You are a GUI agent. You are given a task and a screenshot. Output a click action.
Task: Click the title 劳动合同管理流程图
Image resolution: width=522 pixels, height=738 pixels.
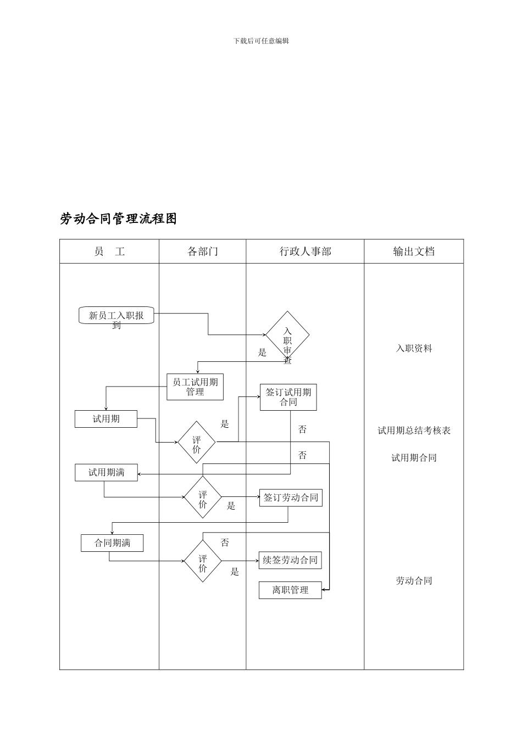(x=119, y=219)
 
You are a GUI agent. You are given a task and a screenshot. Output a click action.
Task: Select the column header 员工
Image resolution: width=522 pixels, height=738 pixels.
(x=109, y=251)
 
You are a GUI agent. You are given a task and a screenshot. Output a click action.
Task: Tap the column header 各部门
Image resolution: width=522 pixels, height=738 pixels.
(x=203, y=251)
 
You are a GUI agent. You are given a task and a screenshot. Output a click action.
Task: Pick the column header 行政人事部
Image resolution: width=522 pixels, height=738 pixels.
(x=305, y=251)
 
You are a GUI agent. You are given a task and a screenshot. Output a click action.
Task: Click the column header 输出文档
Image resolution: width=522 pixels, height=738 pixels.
(x=414, y=251)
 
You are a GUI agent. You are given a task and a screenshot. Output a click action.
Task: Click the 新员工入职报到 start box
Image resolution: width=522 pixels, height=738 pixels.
(x=116, y=316)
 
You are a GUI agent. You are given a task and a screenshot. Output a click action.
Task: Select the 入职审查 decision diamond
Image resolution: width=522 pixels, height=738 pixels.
(x=287, y=336)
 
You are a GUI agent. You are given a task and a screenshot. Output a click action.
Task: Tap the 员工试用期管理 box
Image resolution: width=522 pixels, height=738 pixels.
(x=195, y=387)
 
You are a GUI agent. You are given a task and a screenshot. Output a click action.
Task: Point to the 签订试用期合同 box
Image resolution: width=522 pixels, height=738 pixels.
(x=288, y=397)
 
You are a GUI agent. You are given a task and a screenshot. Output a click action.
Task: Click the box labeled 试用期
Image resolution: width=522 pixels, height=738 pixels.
(x=106, y=419)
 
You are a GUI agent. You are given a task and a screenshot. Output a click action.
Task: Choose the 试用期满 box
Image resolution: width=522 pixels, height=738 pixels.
(x=107, y=472)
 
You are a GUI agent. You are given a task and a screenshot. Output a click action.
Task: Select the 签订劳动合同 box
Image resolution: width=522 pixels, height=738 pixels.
(x=291, y=498)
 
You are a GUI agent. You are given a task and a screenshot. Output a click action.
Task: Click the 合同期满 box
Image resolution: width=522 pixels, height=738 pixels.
(x=113, y=543)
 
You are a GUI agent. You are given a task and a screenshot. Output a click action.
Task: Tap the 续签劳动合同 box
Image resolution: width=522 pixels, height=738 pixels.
(x=290, y=560)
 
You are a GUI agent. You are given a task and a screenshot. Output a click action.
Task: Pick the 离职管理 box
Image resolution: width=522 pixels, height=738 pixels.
(x=290, y=590)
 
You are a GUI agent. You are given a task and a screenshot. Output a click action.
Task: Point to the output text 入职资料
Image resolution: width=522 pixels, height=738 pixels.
(x=414, y=348)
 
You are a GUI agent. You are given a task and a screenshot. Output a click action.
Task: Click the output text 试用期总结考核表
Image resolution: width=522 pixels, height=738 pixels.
(x=414, y=431)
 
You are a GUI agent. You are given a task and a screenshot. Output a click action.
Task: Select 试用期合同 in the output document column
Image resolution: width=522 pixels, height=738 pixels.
(x=414, y=458)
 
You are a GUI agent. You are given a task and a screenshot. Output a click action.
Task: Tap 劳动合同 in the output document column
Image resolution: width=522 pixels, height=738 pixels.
(x=414, y=580)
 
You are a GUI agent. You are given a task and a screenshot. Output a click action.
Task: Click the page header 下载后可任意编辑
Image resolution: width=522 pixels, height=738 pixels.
(x=261, y=41)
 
